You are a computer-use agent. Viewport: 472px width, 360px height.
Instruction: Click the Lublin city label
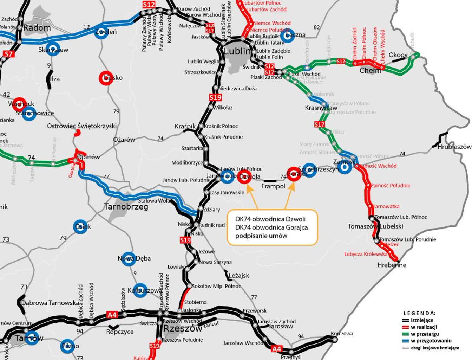pyautogui.click(x=237, y=51)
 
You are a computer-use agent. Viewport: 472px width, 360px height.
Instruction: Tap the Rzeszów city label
pyautogui.click(x=183, y=329)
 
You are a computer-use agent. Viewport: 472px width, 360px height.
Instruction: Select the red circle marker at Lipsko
pyautogui.click(x=106, y=78)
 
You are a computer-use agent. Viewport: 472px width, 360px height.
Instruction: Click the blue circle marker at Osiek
pyautogui.click(x=80, y=227)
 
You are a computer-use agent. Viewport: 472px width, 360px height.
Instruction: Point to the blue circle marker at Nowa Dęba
pyautogui.click(x=127, y=259)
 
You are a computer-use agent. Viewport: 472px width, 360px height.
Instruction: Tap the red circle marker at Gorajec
pyautogui.click(x=294, y=174)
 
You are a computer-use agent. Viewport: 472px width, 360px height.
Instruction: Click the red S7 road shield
pyautogui.click(x=8, y=54)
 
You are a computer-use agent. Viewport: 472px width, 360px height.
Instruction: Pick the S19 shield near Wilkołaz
pyautogui.click(x=215, y=97)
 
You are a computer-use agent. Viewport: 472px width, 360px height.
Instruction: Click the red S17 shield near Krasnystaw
pyautogui.click(x=319, y=124)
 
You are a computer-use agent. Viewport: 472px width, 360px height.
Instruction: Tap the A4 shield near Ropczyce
pyautogui.click(x=112, y=315)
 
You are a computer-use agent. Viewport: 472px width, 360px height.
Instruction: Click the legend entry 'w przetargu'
pyautogui.click(x=425, y=334)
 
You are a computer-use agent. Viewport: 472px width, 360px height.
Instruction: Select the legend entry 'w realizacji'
pyautogui.click(x=424, y=327)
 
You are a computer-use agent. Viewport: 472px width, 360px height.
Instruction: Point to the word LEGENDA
pyautogui.click(x=419, y=313)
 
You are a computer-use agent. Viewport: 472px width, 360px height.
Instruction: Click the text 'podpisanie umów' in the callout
pyautogui.click(x=261, y=236)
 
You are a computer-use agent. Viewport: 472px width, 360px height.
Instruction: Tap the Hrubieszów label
pyautogui.click(x=454, y=147)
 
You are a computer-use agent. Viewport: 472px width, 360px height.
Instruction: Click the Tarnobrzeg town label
pyautogui.click(x=126, y=207)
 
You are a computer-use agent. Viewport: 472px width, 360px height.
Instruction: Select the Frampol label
pyautogui.click(x=273, y=186)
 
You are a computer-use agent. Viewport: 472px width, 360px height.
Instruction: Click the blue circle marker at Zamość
pyautogui.click(x=345, y=167)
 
